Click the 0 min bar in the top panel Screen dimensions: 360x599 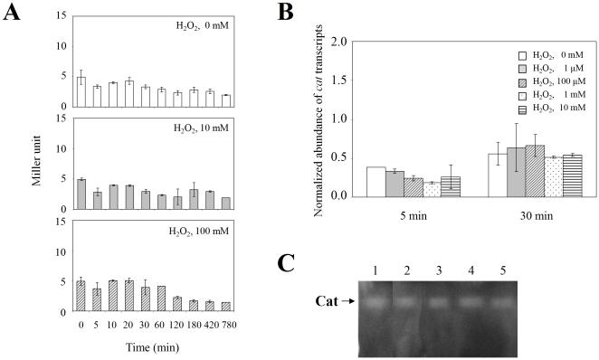81,91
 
